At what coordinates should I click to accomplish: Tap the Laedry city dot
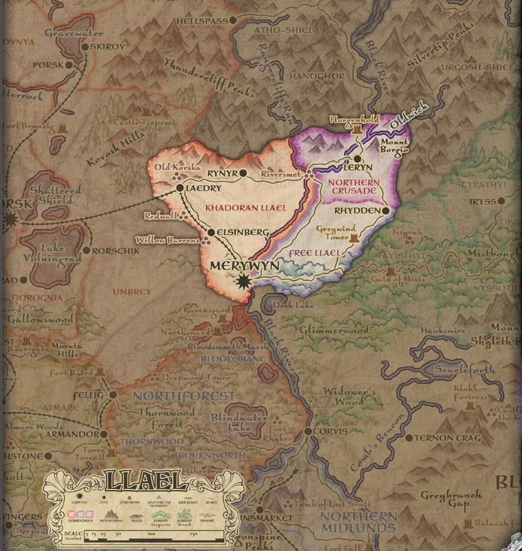point(180,188)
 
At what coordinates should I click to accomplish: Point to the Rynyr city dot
point(243,174)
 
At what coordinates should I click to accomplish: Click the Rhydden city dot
point(385,210)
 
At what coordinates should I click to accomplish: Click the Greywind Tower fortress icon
point(354,239)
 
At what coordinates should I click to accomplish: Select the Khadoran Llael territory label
point(245,207)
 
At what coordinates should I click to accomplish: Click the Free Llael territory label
point(314,253)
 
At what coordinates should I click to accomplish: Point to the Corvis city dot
point(308,431)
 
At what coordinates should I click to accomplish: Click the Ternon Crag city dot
point(409,438)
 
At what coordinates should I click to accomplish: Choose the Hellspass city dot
point(233,21)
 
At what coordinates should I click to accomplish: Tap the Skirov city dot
point(85,47)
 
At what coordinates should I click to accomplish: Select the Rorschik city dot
point(87,250)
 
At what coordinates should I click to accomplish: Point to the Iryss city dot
point(501,201)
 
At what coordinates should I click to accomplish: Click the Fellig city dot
point(113,395)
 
